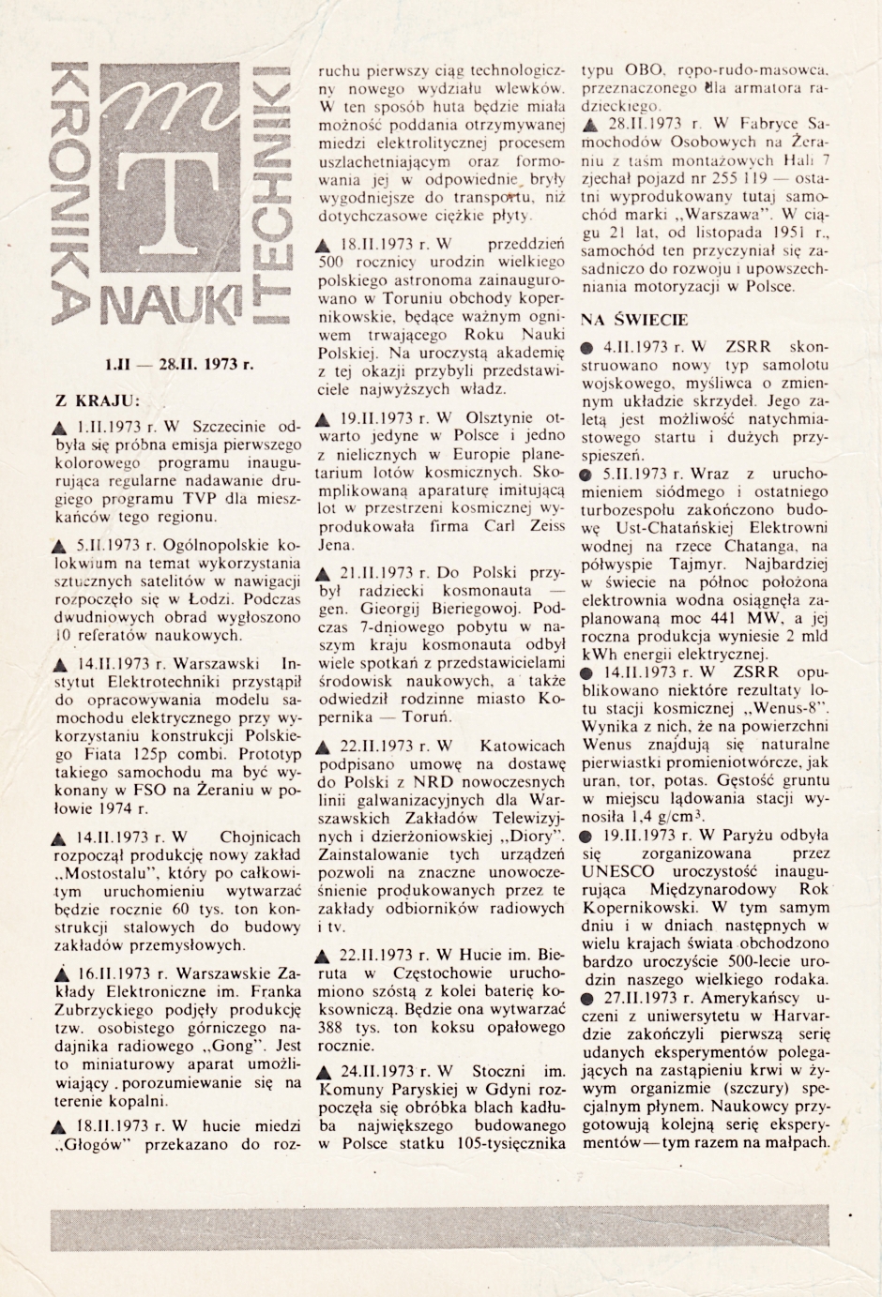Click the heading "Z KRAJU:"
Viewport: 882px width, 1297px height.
(99, 398)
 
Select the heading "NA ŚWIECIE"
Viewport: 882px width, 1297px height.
(635, 318)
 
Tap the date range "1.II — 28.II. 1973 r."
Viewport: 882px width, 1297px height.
(177, 364)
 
